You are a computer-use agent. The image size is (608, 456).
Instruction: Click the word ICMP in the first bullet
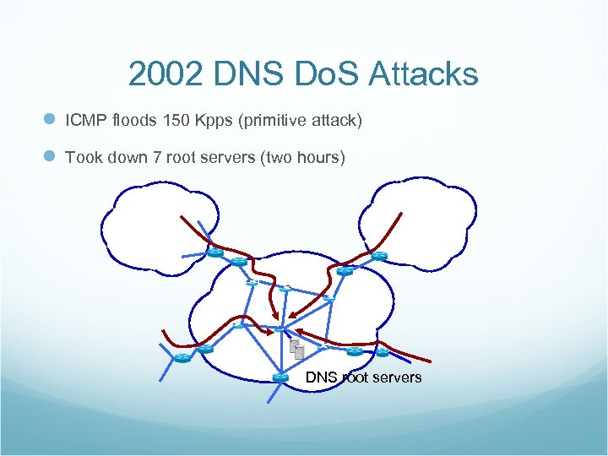84,121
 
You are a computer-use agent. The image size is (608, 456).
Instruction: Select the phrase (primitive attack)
301,121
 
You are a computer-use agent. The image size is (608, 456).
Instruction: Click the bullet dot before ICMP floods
50,121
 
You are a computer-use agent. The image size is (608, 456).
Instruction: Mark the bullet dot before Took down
50,156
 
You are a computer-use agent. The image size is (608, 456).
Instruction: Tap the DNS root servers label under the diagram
363,377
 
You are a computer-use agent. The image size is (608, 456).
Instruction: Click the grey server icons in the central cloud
296,349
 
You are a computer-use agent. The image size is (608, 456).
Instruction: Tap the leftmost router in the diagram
182,358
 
